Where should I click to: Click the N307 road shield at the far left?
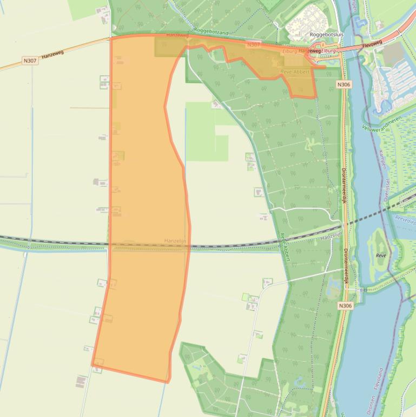(30, 61)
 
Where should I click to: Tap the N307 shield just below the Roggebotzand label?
(253, 45)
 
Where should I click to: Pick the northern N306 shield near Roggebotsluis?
(343, 84)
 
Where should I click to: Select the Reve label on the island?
(380, 255)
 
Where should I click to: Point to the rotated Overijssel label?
(386, 191)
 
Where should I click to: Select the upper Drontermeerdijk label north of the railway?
(345, 184)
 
